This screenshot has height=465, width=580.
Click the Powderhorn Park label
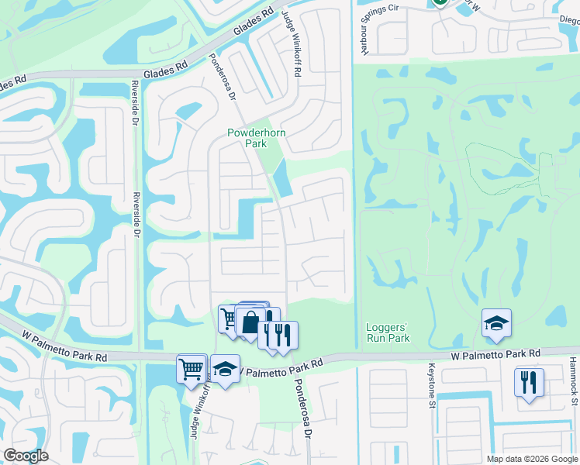pos(247,138)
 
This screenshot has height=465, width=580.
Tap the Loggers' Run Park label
pos(387,332)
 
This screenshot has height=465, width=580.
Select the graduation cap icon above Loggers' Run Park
pos(496,324)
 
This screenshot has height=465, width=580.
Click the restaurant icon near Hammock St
pos(529,382)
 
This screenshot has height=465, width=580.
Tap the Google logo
pos(26,456)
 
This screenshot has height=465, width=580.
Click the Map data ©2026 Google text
pos(531,459)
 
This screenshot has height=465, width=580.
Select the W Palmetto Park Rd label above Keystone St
pos(495,353)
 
